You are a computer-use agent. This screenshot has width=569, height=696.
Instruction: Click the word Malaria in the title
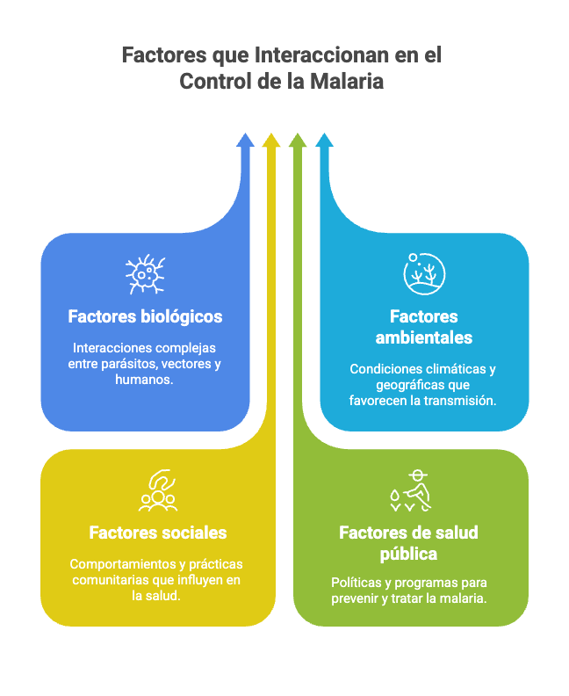[x=349, y=82]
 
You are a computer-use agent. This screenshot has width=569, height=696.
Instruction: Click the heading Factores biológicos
[x=145, y=316]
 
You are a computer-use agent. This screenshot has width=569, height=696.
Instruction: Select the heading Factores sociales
[x=158, y=533]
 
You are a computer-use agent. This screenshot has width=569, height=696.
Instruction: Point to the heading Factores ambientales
[x=424, y=327]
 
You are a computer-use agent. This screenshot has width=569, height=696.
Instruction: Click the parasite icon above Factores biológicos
[x=145, y=275]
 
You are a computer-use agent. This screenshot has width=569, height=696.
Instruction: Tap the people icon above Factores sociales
[x=158, y=492]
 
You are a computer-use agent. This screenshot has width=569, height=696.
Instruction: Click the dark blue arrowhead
[x=245, y=140]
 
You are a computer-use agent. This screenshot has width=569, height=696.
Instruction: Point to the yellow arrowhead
[x=271, y=140]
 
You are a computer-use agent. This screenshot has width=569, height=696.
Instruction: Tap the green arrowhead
[x=298, y=140]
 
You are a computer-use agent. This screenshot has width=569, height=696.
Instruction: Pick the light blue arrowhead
[x=324, y=140]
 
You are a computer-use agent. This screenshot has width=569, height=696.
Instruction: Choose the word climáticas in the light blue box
[x=444, y=369]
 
